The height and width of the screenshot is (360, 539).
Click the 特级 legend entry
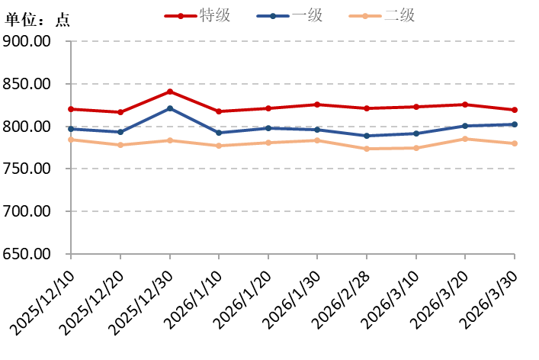(x=197, y=14)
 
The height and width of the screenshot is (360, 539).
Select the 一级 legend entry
(x=290, y=14)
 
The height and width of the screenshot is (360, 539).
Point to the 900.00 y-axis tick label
(x=27, y=41)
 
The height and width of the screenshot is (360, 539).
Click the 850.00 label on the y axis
(x=27, y=84)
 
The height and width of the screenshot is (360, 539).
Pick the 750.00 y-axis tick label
(x=27, y=169)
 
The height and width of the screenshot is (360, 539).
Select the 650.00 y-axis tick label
(x=27, y=254)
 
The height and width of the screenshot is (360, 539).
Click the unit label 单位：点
(x=37, y=21)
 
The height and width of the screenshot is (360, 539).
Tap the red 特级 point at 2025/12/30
(x=170, y=92)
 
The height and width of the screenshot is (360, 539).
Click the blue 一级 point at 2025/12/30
(x=170, y=108)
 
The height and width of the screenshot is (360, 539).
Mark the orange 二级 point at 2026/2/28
(x=367, y=149)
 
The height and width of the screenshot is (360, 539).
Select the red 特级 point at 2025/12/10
(x=71, y=109)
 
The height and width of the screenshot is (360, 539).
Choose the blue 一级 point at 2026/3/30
(x=515, y=124)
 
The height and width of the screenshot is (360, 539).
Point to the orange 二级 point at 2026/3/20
(x=466, y=139)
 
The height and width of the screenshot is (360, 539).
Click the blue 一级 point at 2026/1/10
(x=219, y=133)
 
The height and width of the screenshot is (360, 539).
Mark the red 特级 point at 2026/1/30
(x=318, y=104)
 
